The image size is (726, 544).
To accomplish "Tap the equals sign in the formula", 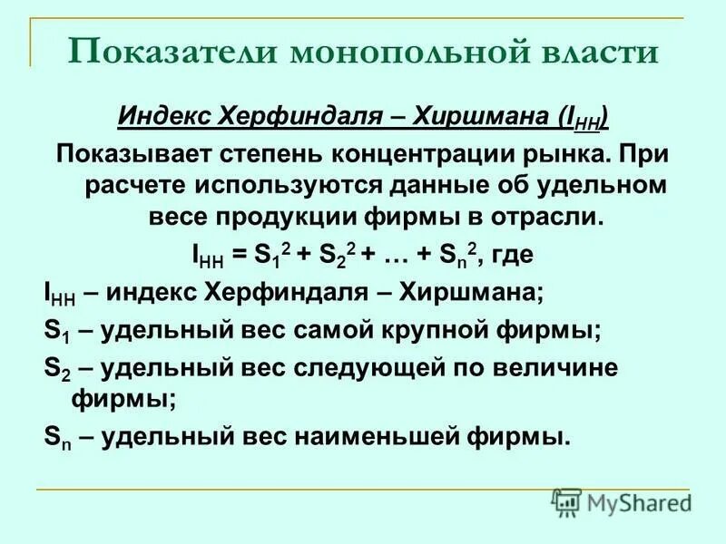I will (239, 257).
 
